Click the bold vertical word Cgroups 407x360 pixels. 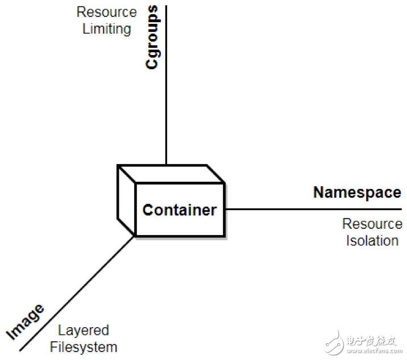tap(152, 37)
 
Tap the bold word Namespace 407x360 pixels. tap(357, 192)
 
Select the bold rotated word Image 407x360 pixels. tap(25, 321)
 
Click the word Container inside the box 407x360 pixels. tap(180, 210)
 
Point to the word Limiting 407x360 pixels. tap(107, 29)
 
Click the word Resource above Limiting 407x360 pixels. tap(107, 12)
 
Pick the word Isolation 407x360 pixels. tap(372, 241)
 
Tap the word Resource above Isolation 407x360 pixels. tap(372, 224)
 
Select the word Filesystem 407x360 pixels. tap(84, 348)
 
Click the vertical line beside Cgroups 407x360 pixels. tap(166, 85)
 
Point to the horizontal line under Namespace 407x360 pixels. tap(314, 209)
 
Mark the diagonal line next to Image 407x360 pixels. tap(77, 294)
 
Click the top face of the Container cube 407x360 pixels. tap(171, 174)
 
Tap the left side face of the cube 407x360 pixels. tap(126, 200)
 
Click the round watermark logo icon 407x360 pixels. tap(334, 343)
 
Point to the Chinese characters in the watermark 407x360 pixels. tap(371, 341)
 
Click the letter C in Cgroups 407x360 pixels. tap(152, 64)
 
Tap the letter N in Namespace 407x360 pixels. tap(319, 192)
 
